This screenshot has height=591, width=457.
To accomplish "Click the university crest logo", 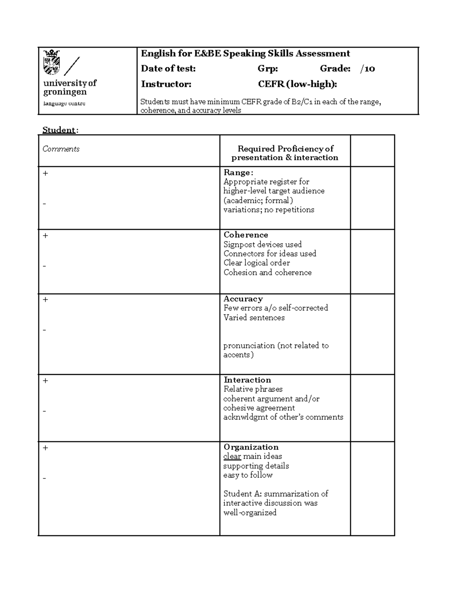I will (x=52, y=62).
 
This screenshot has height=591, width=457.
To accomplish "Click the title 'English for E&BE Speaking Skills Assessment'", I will (x=245, y=54).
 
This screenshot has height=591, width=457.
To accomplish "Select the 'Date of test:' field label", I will (x=168, y=69).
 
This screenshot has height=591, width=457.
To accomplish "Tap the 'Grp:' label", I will (x=268, y=69).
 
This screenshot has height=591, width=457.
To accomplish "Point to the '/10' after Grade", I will (x=368, y=69).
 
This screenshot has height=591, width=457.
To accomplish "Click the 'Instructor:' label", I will (x=166, y=84).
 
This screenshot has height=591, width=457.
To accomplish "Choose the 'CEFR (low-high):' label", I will (x=297, y=84).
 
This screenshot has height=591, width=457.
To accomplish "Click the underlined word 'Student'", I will (x=59, y=130).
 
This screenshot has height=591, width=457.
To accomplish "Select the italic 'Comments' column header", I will (x=61, y=149).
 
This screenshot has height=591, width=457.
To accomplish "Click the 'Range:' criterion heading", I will (x=238, y=173).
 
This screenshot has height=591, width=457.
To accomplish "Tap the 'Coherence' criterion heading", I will (x=246, y=235).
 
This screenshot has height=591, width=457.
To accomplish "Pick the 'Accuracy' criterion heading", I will (x=243, y=299).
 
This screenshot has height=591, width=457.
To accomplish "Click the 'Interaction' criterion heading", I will (x=247, y=380).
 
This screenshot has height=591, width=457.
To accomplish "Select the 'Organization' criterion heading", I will (x=251, y=447).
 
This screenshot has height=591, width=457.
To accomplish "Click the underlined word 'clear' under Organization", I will (x=232, y=457).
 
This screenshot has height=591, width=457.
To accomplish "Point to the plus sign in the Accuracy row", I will (x=46, y=300).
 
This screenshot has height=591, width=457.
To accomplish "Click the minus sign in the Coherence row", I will (x=45, y=266).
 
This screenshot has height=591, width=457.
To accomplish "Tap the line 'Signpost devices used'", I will (x=262, y=245).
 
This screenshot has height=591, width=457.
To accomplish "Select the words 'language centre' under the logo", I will (x=64, y=104).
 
